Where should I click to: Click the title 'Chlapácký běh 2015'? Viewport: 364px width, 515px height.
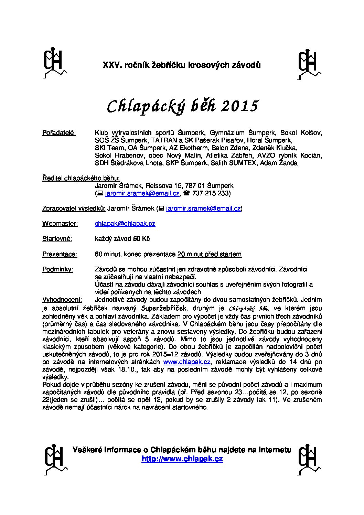[182, 106]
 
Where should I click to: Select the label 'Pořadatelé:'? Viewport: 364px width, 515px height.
[59, 133]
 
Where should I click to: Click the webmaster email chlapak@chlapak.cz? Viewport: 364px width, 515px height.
[125, 224]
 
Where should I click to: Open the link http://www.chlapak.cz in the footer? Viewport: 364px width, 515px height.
[182, 459]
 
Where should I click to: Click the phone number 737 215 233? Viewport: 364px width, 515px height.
[211, 193]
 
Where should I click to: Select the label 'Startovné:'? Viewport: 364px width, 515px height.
[57, 239]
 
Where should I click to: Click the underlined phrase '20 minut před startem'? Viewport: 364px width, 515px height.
[209, 254]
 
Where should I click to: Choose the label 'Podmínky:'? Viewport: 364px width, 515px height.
[57, 269]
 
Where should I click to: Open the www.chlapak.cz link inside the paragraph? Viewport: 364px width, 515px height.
[186, 362]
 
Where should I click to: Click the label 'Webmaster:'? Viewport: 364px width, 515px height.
[60, 224]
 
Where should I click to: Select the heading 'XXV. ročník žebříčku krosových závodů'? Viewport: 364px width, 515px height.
[182, 65]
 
